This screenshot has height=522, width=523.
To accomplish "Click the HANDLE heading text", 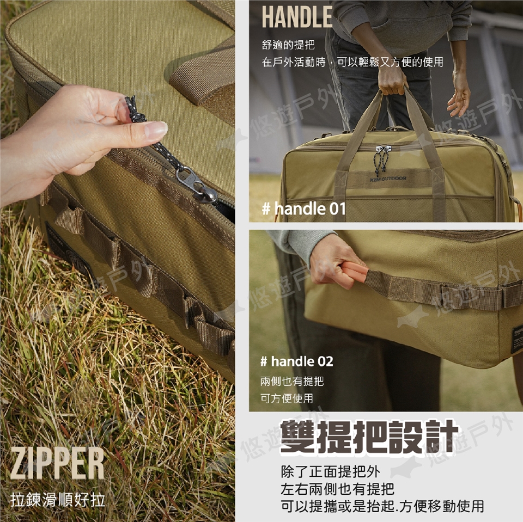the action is [297, 17].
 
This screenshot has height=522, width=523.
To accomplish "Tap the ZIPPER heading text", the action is [57, 463].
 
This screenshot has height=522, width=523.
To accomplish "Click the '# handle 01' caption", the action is [304, 208].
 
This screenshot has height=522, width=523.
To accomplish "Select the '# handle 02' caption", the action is [297, 361].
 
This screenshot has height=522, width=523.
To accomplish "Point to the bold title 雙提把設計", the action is [369, 437].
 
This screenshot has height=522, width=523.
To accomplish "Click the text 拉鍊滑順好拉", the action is [58, 500].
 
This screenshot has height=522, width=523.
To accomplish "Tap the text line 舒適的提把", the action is [288, 45].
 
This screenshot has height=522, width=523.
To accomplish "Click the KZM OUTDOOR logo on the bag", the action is [388, 179].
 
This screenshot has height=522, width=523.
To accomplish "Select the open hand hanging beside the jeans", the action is [459, 95].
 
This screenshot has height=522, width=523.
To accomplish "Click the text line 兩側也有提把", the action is [292, 381].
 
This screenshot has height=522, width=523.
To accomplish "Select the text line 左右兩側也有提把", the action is [337, 489].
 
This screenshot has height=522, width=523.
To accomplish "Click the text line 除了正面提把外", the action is [330, 472].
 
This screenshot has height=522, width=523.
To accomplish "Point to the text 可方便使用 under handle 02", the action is [287, 398].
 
